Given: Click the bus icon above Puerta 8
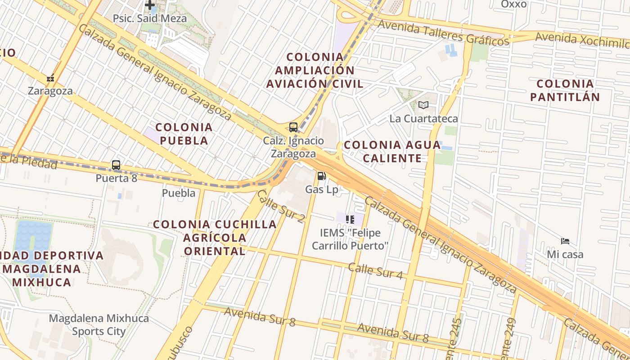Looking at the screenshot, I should pyautogui.click(x=116, y=165).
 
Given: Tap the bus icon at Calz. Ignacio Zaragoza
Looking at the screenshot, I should pyautogui.click(x=293, y=127).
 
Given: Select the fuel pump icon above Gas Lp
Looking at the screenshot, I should pyautogui.click(x=321, y=176).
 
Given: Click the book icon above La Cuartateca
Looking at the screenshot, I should pyautogui.click(x=423, y=105).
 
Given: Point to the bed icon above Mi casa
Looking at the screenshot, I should pyautogui.click(x=565, y=241).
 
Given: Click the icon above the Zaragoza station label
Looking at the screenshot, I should pyautogui.click(x=50, y=78).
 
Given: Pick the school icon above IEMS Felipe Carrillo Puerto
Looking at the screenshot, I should pyautogui.click(x=350, y=219).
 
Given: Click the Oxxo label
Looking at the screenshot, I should pyautogui.click(x=513, y=4).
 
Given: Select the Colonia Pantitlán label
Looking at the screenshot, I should pyautogui.click(x=565, y=90).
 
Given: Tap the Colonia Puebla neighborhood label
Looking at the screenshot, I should pyautogui.click(x=184, y=134).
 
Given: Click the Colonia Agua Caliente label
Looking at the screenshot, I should pyautogui.click(x=392, y=151).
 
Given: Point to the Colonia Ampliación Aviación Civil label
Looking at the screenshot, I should pyautogui.click(x=315, y=70).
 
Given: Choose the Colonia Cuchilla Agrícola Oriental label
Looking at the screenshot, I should pyautogui.click(x=215, y=237).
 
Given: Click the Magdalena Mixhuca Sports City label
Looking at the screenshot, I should pyautogui.click(x=99, y=325).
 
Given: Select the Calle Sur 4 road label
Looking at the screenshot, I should pyautogui.click(x=375, y=271).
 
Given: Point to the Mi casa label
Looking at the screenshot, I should pyautogui.click(x=565, y=254).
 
